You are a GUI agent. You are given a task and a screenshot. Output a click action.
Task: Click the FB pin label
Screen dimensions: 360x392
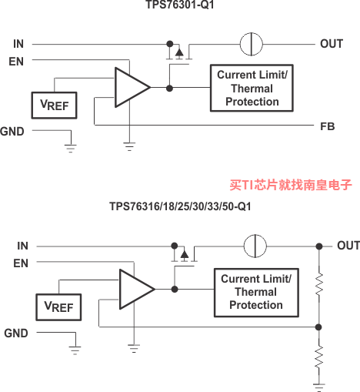pos(328,126)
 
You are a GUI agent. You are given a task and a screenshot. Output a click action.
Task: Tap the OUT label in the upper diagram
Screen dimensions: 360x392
pos(332,44)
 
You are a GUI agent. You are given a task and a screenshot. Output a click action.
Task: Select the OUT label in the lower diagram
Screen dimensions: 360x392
pos(348,246)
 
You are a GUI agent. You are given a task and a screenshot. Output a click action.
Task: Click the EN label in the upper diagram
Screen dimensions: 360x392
pos(16,62)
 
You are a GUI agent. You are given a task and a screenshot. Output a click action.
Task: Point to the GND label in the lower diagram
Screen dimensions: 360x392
pos(16,333)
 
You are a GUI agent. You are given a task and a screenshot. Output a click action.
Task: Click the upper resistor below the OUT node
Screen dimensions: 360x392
pos(319,284)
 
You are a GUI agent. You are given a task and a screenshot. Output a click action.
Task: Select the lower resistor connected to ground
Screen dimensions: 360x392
pos(319,357)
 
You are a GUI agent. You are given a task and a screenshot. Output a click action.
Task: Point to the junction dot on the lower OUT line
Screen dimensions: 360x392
pos(319,246)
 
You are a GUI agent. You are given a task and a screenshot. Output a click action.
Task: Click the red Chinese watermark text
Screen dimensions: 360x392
pos(291,185)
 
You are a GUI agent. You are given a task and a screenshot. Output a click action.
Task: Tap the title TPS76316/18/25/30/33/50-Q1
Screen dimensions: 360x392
pos(180,206)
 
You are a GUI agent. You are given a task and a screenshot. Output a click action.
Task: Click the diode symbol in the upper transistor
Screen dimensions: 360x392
pos(179,53)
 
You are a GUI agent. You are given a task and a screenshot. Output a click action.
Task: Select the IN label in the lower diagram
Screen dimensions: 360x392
pos(22,246)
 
